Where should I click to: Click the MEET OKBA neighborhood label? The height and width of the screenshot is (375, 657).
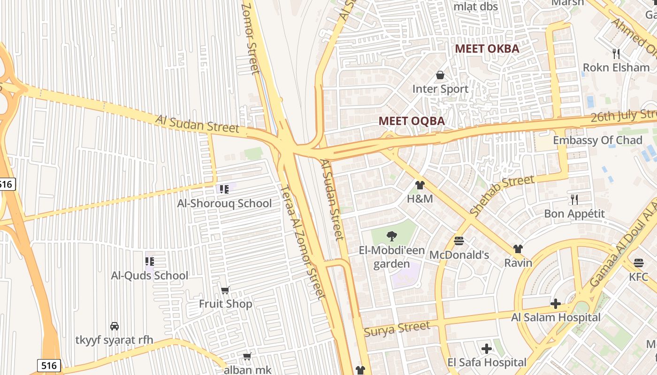click(x=487, y=49)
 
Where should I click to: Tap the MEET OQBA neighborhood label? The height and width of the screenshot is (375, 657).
click(x=412, y=121)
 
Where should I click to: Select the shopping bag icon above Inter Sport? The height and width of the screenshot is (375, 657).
click(x=440, y=75)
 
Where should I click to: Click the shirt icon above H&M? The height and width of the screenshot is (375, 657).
click(x=420, y=185)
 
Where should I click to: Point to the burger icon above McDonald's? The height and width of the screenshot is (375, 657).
click(x=459, y=241)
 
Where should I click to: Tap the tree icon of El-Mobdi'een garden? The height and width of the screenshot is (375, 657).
click(x=391, y=236)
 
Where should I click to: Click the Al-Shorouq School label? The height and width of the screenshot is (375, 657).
click(x=224, y=203)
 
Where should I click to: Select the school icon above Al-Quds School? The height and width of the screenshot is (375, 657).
click(x=150, y=262)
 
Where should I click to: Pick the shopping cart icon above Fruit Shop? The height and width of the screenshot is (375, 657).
click(x=225, y=291)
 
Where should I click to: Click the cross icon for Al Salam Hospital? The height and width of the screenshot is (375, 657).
click(x=556, y=304)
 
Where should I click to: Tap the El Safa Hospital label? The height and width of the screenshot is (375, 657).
click(x=487, y=362)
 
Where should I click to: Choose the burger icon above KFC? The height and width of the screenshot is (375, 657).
click(x=638, y=262)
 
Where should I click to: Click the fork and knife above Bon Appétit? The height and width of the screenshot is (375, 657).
click(x=574, y=200)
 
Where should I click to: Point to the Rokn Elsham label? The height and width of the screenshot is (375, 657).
click(x=616, y=67)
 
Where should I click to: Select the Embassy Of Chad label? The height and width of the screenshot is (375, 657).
click(x=597, y=140)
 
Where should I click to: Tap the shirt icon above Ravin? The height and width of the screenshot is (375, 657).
click(x=518, y=248)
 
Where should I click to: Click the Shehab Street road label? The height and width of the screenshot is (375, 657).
click(x=502, y=195)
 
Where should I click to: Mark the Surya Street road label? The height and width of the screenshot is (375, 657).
click(x=397, y=329)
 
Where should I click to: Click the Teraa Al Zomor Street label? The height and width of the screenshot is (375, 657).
click(x=303, y=241)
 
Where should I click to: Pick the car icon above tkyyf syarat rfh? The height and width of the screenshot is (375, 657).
click(x=114, y=326)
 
